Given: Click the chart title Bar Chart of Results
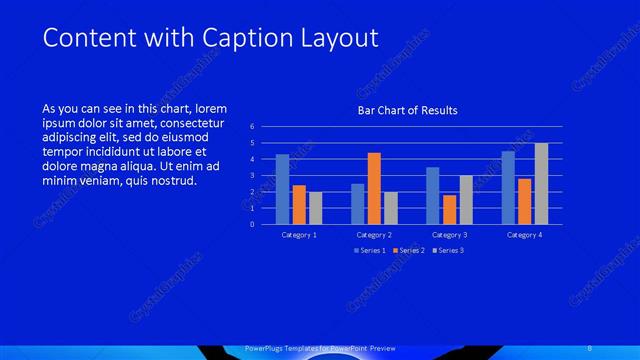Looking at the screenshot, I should (x=408, y=110).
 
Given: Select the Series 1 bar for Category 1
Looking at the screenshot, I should (x=283, y=189).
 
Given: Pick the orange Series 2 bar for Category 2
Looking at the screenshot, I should (x=374, y=188).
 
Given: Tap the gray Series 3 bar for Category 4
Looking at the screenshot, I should (x=541, y=183).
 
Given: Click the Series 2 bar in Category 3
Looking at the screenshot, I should (x=449, y=209).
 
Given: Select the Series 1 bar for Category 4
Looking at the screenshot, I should (x=508, y=187).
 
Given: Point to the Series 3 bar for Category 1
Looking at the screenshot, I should (x=316, y=208).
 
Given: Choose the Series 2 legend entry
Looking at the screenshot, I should (x=408, y=250).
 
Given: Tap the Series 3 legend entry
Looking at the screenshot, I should (x=447, y=250).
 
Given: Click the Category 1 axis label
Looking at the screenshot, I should (x=300, y=235).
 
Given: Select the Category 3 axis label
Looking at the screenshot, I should (x=450, y=235).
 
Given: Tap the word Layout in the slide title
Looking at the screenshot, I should (x=343, y=39).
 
